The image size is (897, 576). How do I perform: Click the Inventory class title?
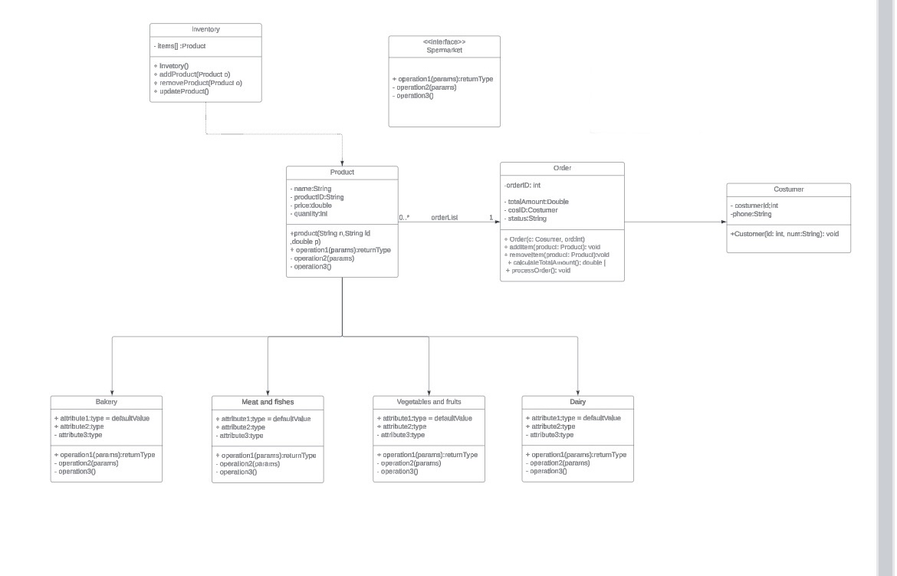(205, 29)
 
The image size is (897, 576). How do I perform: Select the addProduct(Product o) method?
(195, 74)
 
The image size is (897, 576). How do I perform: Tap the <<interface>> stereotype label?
(444, 41)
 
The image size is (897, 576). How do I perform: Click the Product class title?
(342, 173)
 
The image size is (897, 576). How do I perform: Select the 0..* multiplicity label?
(404, 218)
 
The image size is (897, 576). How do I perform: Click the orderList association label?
(444, 218)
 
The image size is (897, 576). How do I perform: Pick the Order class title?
(562, 168)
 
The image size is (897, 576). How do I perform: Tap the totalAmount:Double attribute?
(537, 202)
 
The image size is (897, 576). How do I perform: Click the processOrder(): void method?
(538, 271)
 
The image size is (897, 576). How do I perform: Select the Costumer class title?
(788, 189)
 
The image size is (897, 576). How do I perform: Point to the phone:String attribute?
(751, 214)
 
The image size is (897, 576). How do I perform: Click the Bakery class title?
(107, 402)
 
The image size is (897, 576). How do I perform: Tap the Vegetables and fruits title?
(429, 402)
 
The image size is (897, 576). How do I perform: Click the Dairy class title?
(577, 402)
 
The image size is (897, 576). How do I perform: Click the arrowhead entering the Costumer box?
(723, 222)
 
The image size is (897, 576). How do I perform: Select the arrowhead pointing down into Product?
(342, 163)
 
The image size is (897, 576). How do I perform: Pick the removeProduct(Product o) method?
(198, 83)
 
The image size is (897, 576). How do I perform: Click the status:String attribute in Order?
(527, 219)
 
